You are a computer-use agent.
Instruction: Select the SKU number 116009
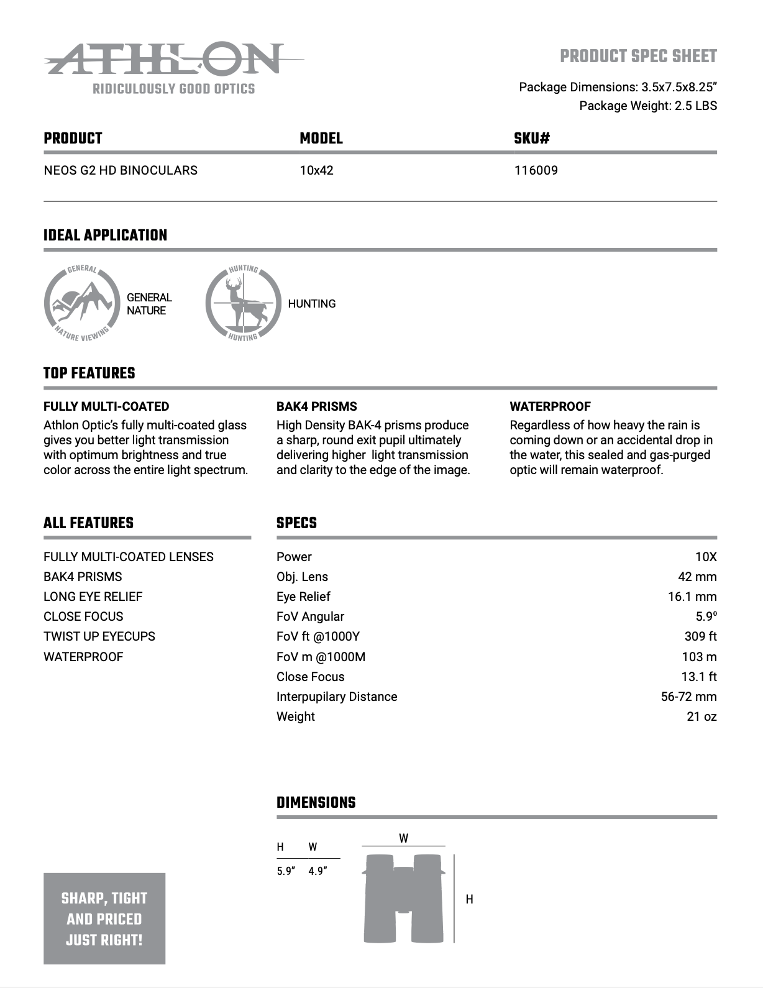(x=536, y=170)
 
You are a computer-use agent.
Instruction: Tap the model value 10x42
(x=316, y=170)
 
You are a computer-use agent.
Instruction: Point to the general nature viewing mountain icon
(x=81, y=303)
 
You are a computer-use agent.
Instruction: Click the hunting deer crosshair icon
(x=243, y=303)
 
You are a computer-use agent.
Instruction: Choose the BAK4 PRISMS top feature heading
(x=317, y=406)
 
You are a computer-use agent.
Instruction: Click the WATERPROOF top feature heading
(x=550, y=406)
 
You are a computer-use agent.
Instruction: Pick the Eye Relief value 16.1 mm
(x=692, y=597)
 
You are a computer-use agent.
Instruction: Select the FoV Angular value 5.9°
(x=706, y=616)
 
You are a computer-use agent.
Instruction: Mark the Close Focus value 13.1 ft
(x=698, y=677)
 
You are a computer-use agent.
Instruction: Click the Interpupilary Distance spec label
(x=337, y=697)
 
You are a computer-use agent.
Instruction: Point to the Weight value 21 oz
(x=701, y=716)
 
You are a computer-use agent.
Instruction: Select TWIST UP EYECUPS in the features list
(x=99, y=636)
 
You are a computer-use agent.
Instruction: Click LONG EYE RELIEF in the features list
(x=93, y=597)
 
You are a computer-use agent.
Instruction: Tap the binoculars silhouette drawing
(x=403, y=899)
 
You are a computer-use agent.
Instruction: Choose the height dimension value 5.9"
(x=286, y=871)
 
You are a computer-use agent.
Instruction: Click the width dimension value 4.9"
(x=318, y=871)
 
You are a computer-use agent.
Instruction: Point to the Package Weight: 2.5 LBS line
(x=647, y=106)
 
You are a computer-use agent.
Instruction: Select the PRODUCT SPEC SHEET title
(x=638, y=57)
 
